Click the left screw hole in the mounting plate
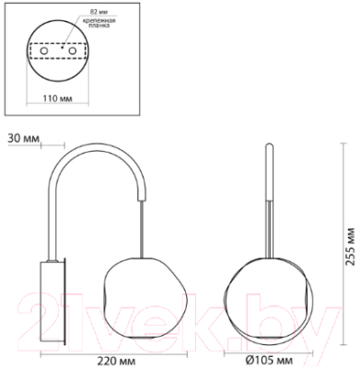[x=44, y=51]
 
